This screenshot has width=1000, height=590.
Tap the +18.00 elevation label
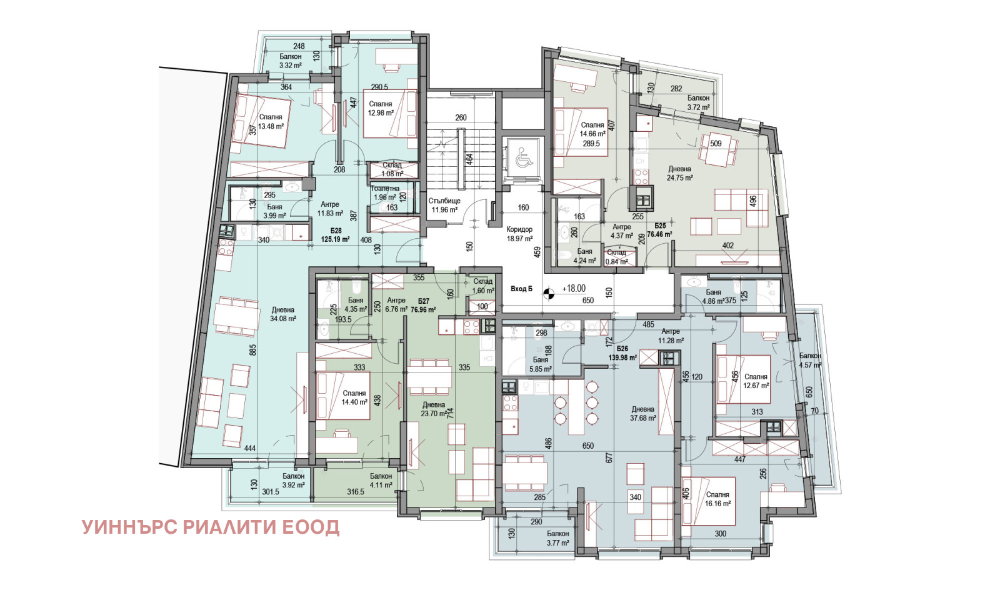[574, 288]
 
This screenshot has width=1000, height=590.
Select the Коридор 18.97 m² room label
[519, 234]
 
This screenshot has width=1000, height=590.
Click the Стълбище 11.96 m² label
[444, 205]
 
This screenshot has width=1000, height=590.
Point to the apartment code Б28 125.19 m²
[335, 234]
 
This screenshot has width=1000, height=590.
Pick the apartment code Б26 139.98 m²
[622, 353]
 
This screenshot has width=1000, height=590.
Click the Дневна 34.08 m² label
[283, 314]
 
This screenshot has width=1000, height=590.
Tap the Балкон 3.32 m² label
[291, 61]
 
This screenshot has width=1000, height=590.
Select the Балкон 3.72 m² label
[698, 102]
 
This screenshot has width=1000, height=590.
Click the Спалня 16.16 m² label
[717, 499]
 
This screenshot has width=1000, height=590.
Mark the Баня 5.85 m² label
[541, 364]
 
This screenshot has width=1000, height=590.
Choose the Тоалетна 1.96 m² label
[385, 192]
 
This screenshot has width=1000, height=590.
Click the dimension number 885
[253, 350]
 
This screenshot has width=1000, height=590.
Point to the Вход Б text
[521, 288]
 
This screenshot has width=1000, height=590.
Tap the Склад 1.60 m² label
[483, 286]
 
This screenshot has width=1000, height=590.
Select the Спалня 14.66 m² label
[592, 129]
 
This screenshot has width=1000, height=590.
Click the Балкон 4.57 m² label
[810, 360]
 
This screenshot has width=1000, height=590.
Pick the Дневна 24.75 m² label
[679, 173]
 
